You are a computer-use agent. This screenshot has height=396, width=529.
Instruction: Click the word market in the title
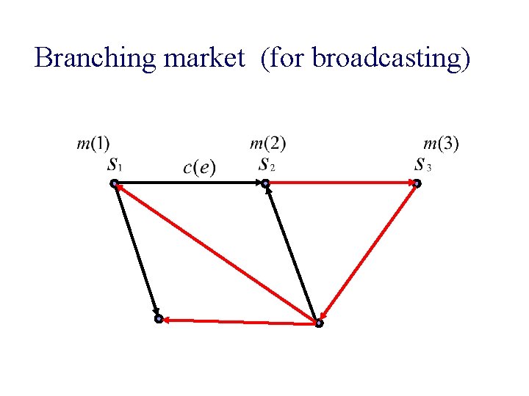(205, 57)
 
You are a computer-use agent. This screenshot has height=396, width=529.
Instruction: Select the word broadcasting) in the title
(391, 57)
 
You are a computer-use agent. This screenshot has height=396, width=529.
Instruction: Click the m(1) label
(93, 142)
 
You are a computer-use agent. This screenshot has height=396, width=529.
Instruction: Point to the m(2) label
(268, 142)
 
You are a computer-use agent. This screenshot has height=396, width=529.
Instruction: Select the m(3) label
(442, 142)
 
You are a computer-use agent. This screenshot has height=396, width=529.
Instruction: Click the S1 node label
(115, 164)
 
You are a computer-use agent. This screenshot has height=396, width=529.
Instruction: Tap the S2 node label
(266, 164)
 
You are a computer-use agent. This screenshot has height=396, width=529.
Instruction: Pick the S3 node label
(422, 164)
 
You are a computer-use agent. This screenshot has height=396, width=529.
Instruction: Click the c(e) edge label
(199, 167)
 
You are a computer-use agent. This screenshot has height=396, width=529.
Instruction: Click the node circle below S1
(115, 183)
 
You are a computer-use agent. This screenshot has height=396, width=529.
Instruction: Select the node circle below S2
(265, 183)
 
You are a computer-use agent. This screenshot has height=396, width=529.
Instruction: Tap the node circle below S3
(416, 183)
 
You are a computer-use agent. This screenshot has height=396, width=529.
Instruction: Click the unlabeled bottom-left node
(158, 320)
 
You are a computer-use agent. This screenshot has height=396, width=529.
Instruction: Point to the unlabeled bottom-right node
(318, 323)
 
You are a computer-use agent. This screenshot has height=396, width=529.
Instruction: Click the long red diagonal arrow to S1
(217, 253)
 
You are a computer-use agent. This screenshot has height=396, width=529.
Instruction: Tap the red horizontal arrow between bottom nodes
(238, 320)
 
